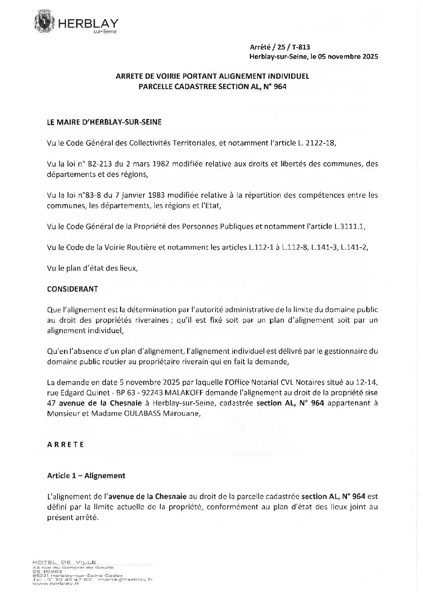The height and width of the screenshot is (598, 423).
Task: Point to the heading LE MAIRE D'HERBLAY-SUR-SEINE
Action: tap(104, 122)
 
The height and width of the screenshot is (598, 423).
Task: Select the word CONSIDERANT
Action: tap(72, 289)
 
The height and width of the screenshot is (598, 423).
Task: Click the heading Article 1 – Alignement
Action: tap(86, 475)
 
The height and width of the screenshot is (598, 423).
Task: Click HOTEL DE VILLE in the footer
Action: tap(64, 562)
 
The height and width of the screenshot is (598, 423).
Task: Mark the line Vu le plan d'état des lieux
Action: tap(92, 268)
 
